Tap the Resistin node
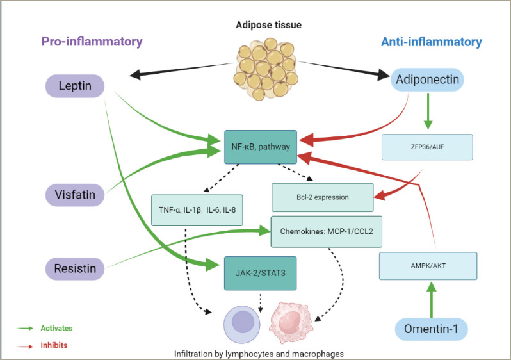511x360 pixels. click(73, 268)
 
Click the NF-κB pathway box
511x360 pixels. click(261, 147)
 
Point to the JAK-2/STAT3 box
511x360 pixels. click(261, 271)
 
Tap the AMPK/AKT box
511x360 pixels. click(428, 265)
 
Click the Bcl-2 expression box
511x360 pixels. click(322, 197)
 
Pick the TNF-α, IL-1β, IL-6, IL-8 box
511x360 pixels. click(197, 210)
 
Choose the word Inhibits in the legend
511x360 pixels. click(54, 345)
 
